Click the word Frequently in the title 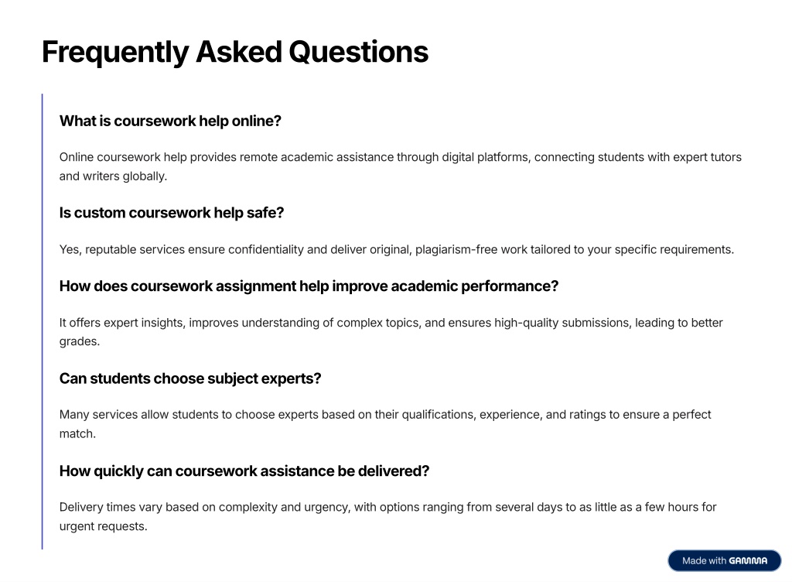click(x=115, y=53)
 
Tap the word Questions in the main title click(x=359, y=52)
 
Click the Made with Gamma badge click(x=724, y=561)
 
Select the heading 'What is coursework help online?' click(x=170, y=122)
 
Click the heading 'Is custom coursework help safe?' click(x=172, y=213)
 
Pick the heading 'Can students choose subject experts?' click(x=190, y=378)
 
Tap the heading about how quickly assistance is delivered click(x=244, y=471)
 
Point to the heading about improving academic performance click(x=309, y=286)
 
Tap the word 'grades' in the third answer click(x=80, y=342)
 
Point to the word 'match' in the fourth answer click(x=77, y=434)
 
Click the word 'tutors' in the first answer click(x=725, y=157)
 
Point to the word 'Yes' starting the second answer click(x=70, y=249)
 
